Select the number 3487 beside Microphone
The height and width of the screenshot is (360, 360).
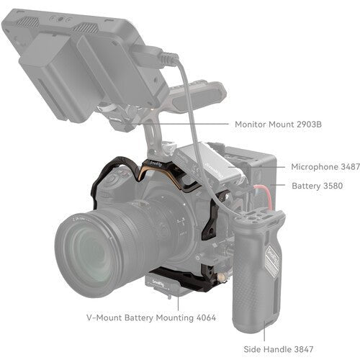[348, 166]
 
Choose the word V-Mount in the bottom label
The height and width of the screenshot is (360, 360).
[104, 317]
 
